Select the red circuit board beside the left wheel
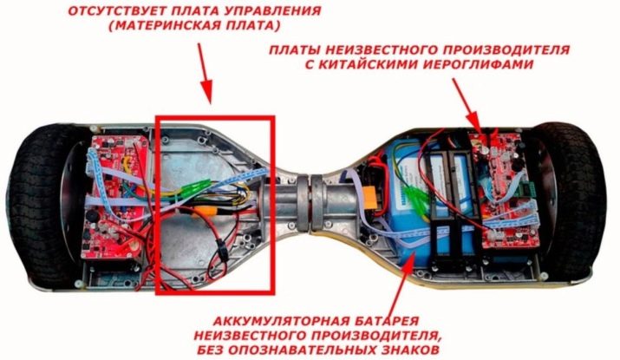[x=114, y=197]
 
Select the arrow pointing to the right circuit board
[x=467, y=105]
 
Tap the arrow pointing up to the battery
[x=404, y=282]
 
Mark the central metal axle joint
[x=310, y=204]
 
